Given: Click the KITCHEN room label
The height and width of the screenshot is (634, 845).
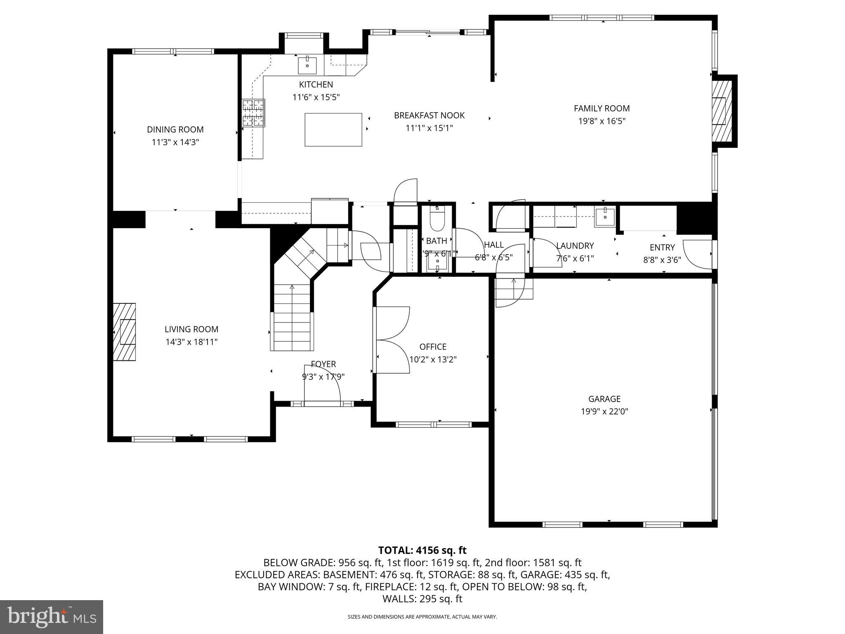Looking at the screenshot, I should pyautogui.click(x=316, y=85).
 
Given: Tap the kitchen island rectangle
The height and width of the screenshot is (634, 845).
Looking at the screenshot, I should pyautogui.click(x=333, y=130).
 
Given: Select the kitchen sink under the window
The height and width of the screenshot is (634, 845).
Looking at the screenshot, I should pyautogui.click(x=307, y=65).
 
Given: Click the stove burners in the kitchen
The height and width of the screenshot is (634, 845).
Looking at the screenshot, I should pyautogui.click(x=253, y=113).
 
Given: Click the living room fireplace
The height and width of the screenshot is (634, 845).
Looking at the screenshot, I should pyautogui.click(x=125, y=332).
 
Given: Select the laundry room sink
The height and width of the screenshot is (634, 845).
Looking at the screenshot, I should pyautogui.click(x=604, y=217).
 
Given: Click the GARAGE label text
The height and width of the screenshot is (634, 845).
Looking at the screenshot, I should pyautogui.click(x=604, y=399).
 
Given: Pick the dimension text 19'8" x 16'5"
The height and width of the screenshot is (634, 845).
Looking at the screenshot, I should pyautogui.click(x=602, y=121).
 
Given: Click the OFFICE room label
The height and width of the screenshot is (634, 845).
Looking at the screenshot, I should pyautogui.click(x=433, y=347).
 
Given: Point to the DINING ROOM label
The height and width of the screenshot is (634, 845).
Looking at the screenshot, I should pyautogui.click(x=175, y=130).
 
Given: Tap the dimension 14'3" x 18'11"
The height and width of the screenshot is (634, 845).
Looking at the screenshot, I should pyautogui.click(x=191, y=342).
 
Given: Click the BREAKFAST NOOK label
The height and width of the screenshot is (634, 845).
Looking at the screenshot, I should pyautogui.click(x=429, y=116).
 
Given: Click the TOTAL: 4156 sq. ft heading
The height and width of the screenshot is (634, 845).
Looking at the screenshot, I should pyautogui.click(x=422, y=550).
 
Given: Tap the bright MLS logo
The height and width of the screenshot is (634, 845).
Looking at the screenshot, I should pyautogui.click(x=52, y=617).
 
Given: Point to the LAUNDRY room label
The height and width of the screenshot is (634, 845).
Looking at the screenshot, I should pyautogui.click(x=575, y=246).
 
